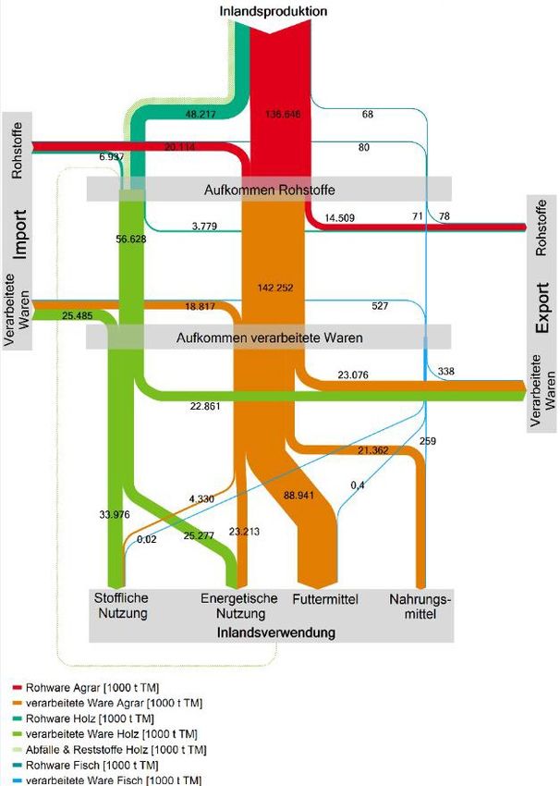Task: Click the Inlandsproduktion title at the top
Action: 272,10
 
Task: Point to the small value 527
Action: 379,305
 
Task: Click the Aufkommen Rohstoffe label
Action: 268,190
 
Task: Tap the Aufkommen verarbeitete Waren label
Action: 269,338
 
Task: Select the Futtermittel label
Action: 324,600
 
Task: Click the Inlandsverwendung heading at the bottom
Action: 274,632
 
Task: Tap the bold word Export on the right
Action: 542,314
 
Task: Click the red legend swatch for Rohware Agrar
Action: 18,688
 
